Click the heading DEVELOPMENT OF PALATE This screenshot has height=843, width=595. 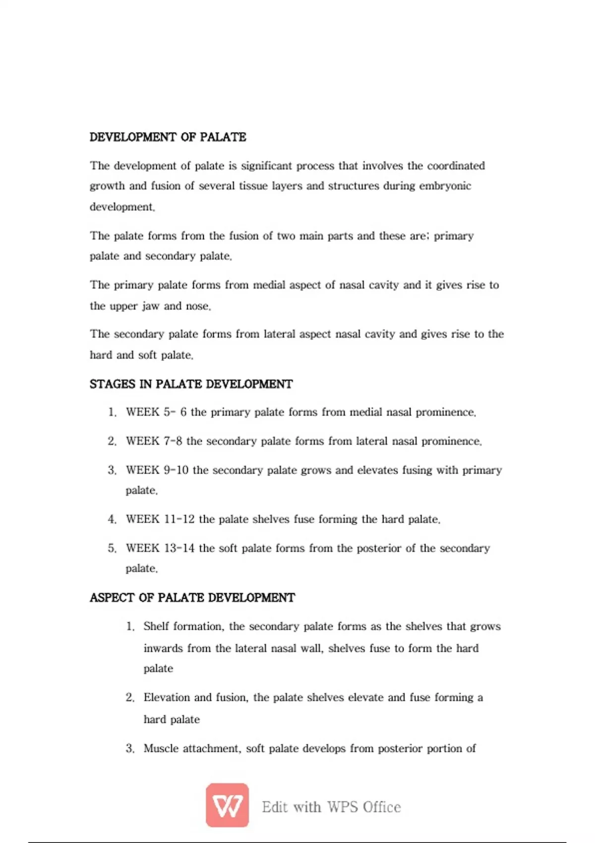(168, 137)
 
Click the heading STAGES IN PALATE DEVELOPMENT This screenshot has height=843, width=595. (191, 384)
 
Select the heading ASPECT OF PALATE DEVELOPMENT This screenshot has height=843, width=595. (192, 598)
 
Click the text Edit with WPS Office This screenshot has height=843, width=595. (331, 807)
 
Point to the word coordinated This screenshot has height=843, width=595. (456, 166)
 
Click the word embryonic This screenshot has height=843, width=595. (445, 186)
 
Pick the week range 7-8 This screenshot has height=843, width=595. (173, 441)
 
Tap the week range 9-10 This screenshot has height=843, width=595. (176, 470)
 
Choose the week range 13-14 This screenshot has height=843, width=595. (179, 548)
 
